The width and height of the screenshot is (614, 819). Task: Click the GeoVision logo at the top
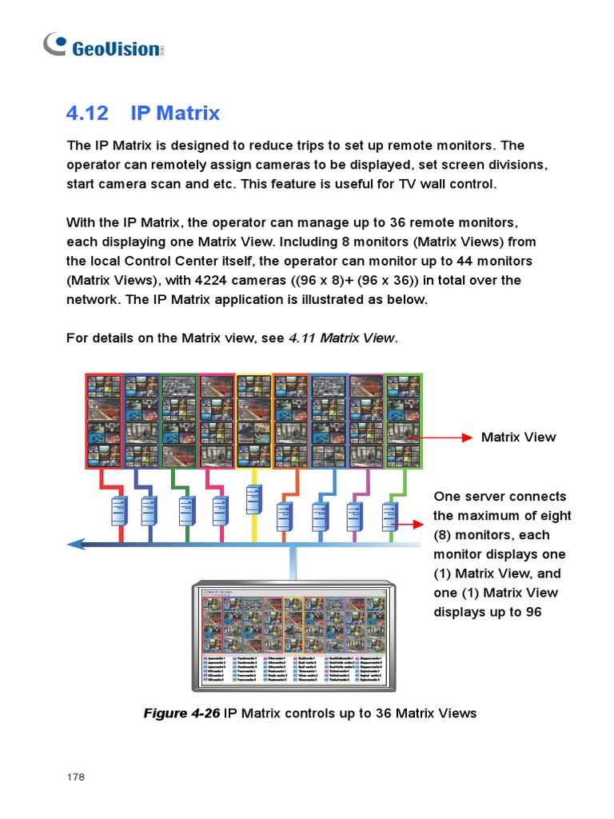[x=103, y=46]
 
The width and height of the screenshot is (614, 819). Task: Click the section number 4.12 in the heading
[x=87, y=113]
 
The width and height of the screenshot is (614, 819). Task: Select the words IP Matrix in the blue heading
[x=175, y=113]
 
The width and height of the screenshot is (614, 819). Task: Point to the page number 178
[x=75, y=777]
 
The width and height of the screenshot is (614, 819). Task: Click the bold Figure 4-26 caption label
[x=181, y=713]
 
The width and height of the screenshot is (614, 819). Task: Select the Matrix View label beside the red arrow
[x=518, y=437]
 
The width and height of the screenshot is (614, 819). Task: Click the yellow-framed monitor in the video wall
[x=253, y=421]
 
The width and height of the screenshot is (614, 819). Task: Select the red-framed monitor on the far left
[x=104, y=421]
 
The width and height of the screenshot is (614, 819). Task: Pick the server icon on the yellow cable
[x=253, y=500]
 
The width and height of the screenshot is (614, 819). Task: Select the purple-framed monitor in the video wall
[x=366, y=421]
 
